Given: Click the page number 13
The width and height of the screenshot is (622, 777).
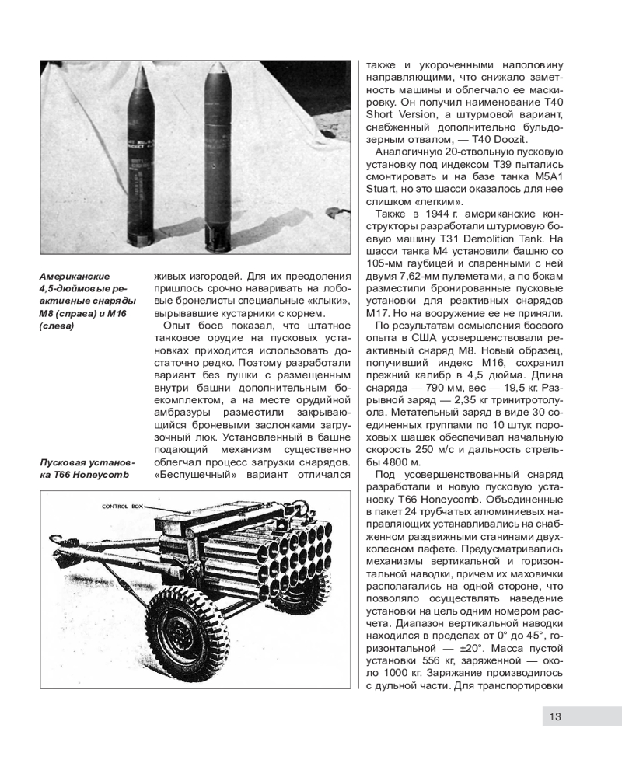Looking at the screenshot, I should [554, 716].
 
